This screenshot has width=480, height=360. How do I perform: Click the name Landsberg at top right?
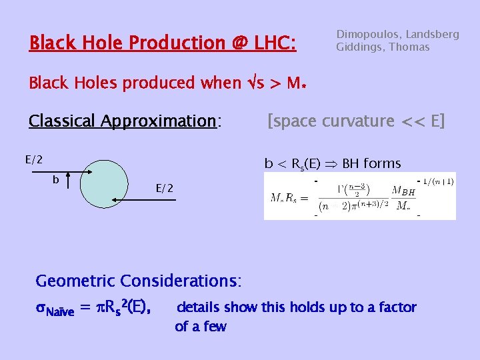tap(431, 34)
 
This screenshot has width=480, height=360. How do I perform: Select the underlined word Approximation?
tap(158, 121)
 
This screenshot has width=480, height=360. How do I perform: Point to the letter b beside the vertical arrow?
tap(56, 180)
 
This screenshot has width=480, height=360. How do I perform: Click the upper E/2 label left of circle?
tap(34, 159)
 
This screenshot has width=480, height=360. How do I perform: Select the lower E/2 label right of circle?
tap(164, 189)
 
